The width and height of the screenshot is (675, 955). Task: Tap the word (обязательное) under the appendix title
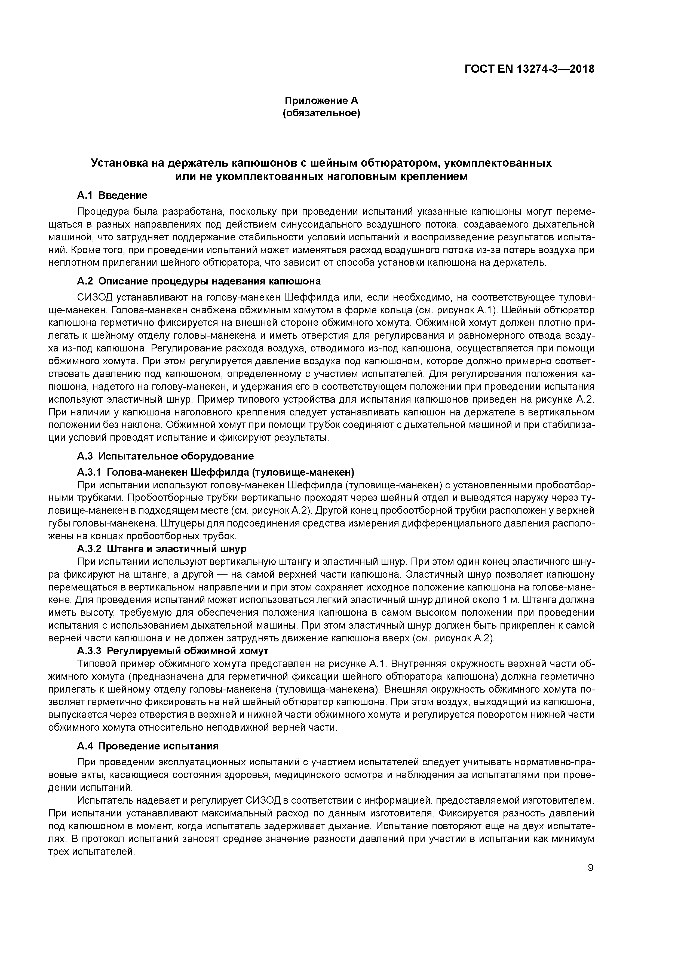[x=321, y=113]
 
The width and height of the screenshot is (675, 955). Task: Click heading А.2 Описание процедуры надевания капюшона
[x=199, y=281]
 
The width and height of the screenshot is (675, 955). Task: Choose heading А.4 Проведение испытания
[x=148, y=746]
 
